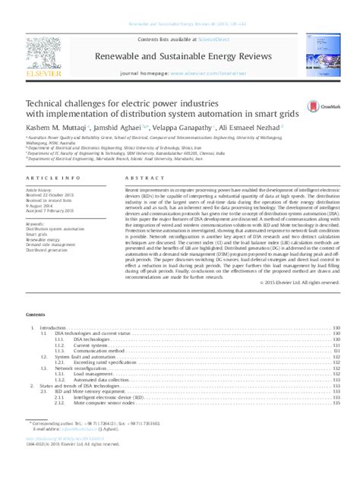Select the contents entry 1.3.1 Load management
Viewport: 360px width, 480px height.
[x=93, y=374]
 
